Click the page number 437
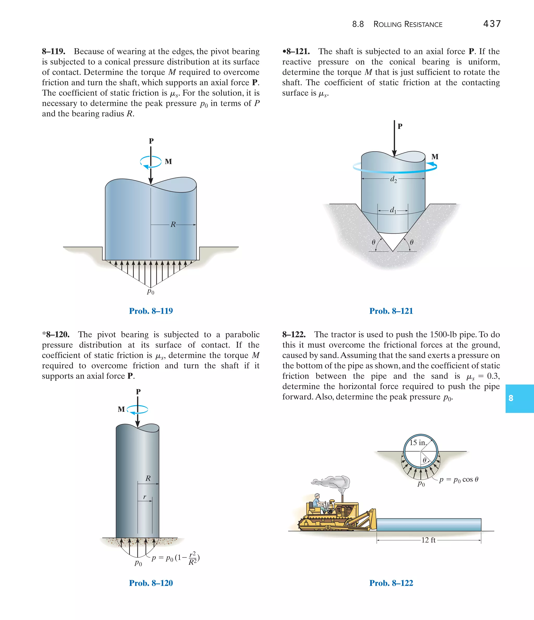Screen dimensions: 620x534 [x=492, y=24]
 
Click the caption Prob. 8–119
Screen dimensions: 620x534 [x=151, y=311]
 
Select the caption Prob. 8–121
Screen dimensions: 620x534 [x=391, y=311]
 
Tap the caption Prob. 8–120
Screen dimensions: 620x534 [x=151, y=583]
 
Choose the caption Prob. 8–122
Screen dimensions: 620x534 [x=391, y=583]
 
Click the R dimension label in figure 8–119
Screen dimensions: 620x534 [x=173, y=224]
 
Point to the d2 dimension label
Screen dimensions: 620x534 [x=393, y=179]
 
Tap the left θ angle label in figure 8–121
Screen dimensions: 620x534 [x=373, y=242]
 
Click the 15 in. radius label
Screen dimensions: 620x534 [x=418, y=443]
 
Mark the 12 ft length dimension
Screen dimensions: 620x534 [x=428, y=540]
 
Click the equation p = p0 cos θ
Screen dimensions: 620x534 [x=459, y=480]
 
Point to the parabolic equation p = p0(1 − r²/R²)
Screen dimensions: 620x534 [x=175, y=558]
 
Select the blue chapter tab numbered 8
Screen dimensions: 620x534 [x=519, y=398]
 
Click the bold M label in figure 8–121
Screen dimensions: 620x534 [x=435, y=157]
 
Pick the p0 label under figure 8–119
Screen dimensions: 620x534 [x=150, y=292]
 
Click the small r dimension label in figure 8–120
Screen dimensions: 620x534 [x=144, y=497]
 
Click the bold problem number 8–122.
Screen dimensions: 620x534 [x=294, y=335]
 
